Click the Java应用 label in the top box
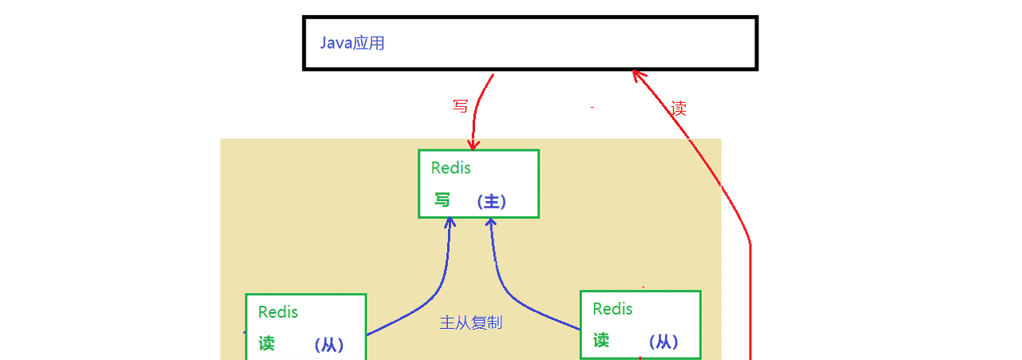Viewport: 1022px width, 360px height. (x=352, y=43)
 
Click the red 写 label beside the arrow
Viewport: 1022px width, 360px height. (x=460, y=106)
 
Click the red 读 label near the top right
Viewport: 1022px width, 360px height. (x=679, y=109)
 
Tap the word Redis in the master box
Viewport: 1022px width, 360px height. (x=451, y=168)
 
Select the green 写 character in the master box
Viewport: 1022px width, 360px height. (x=442, y=200)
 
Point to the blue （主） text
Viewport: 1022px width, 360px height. (x=491, y=202)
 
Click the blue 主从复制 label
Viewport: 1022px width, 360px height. (x=471, y=323)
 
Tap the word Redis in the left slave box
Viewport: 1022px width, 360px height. (x=278, y=312)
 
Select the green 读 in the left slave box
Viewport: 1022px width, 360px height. (x=267, y=343)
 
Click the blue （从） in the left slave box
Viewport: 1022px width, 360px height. (x=328, y=346)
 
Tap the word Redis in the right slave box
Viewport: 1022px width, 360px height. (x=612, y=308)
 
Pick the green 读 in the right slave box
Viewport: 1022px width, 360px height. (x=601, y=340)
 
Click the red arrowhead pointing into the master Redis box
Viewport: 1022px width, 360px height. (x=473, y=145)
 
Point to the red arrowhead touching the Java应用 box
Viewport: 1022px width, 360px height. (x=636, y=74)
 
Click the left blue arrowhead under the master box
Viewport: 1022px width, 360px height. (x=450, y=222)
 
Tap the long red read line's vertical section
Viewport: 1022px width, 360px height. (x=751, y=303)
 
